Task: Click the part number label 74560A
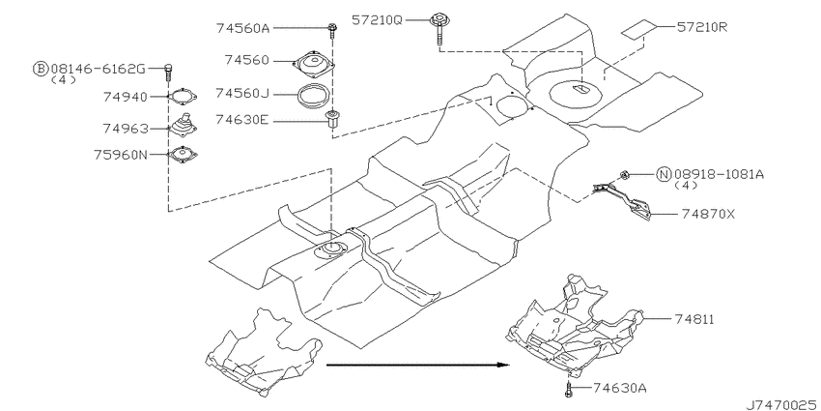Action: pyautogui.click(x=242, y=28)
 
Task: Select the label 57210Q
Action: pyautogui.click(x=377, y=20)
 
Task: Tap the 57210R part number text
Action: pyautogui.click(x=702, y=27)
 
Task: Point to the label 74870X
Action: pyautogui.click(x=708, y=214)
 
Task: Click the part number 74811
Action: pyautogui.click(x=694, y=319)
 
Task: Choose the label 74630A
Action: pyautogui.click(x=620, y=388)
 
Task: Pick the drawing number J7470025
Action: pyautogui.click(x=782, y=404)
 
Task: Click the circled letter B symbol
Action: pyautogui.click(x=41, y=68)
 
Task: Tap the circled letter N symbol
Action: pyautogui.click(x=664, y=174)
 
